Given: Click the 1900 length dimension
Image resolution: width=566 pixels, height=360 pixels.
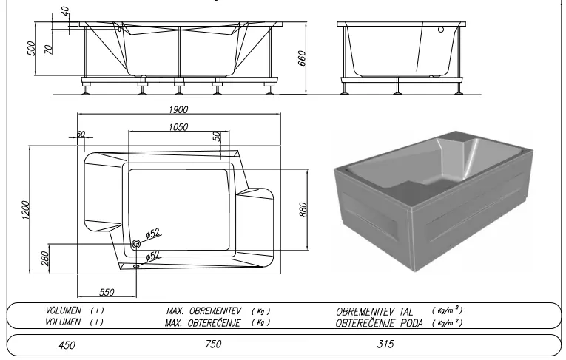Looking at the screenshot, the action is tap(178, 109).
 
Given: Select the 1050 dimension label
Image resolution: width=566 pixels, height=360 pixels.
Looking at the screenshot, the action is tap(178, 127).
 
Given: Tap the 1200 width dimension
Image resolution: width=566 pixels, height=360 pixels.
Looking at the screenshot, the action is tap(25, 211).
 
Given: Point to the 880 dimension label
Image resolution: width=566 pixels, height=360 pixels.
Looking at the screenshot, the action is tap(303, 210).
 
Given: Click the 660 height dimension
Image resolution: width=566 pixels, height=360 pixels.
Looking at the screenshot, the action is tap(302, 58).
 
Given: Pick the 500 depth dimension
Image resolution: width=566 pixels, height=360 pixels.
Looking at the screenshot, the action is tap(31, 48).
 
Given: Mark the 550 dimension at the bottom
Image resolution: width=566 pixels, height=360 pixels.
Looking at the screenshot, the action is tap(107, 292).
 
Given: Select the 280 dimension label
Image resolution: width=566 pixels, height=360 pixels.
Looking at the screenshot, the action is tap(45, 258).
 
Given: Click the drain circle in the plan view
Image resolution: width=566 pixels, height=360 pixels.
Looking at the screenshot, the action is tap(136, 244).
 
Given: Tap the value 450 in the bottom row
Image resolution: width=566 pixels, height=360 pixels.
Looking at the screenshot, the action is tap(67, 345).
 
